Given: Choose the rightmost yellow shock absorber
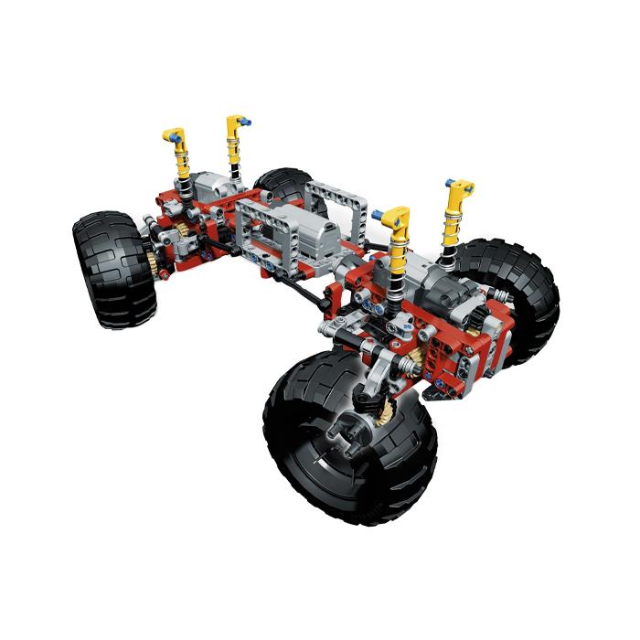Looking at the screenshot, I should [457, 215].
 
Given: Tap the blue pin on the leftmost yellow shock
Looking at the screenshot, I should [165, 134].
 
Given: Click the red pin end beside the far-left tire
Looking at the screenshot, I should [162, 273].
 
